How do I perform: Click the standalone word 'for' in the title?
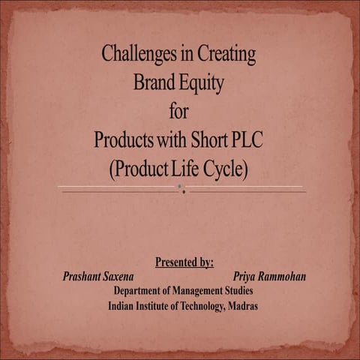coord(179,112)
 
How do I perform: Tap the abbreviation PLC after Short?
coord(247,139)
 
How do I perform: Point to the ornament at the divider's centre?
coord(181,189)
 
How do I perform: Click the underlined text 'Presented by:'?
coord(184,262)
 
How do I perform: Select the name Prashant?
coord(84,277)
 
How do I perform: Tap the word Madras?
coord(241,305)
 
